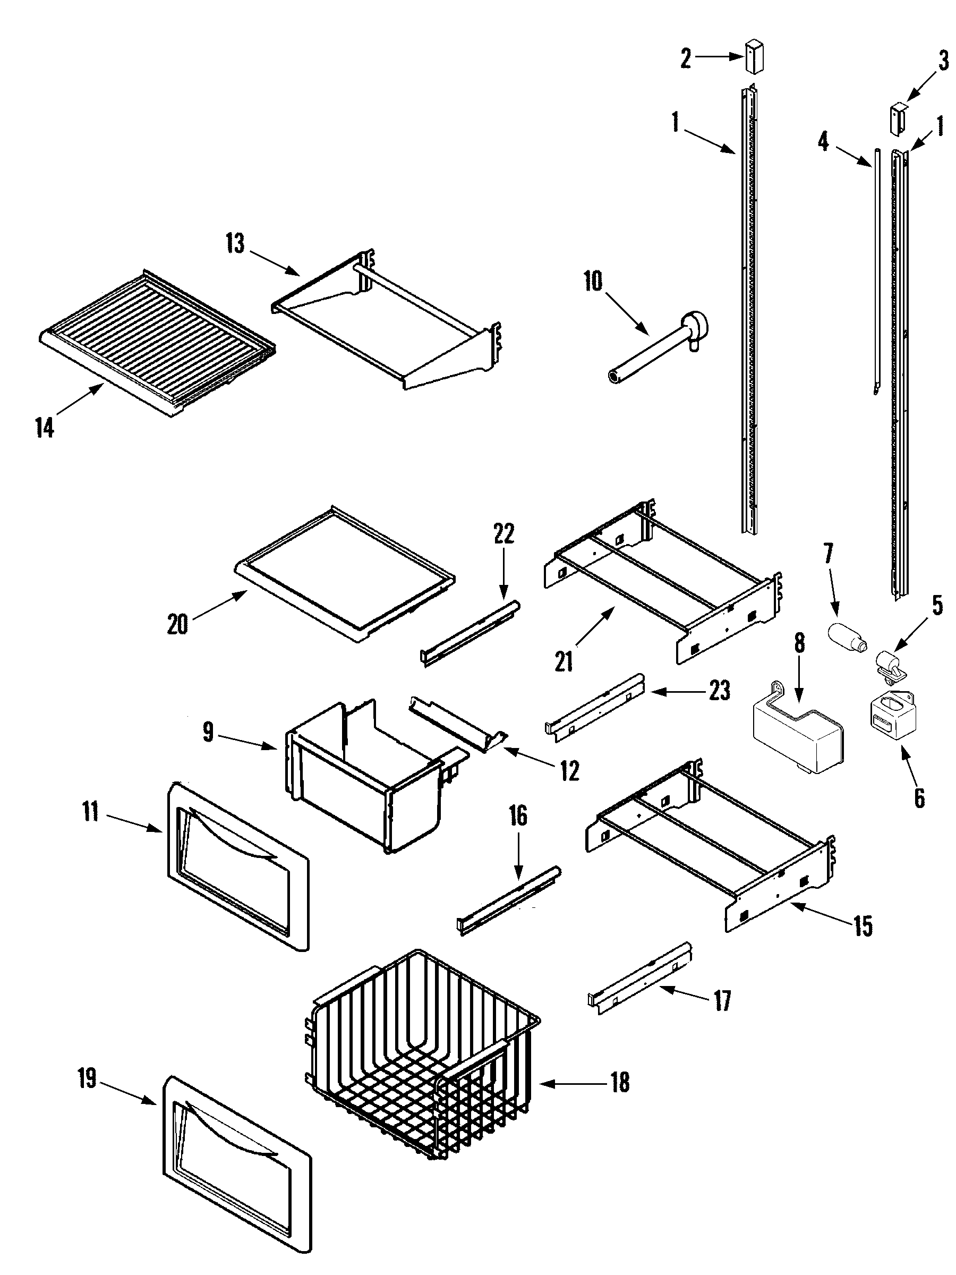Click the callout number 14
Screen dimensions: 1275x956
pyautogui.click(x=45, y=428)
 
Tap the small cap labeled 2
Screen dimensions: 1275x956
pyautogui.click(x=753, y=56)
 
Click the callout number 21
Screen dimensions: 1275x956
pyautogui.click(x=564, y=662)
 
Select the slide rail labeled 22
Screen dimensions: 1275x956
pyautogui.click(x=470, y=633)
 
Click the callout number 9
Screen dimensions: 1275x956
pyautogui.click(x=208, y=733)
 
